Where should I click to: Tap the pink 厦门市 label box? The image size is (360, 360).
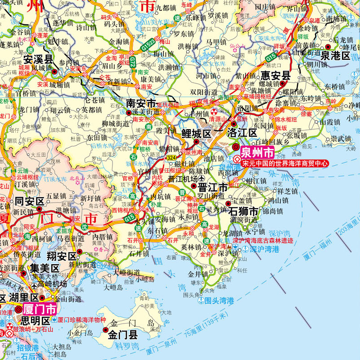pyautogui.click(x=39, y=310)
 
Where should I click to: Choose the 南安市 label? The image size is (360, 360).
pyautogui.click(x=141, y=103)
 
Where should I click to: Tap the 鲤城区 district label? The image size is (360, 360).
pyautogui.click(x=196, y=133)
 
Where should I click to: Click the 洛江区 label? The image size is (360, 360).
pyautogui.click(x=242, y=133)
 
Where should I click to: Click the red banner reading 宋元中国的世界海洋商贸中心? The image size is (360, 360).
pyautogui.click(x=284, y=163)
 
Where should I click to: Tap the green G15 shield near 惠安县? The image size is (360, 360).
pyautogui.click(x=270, y=57)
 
